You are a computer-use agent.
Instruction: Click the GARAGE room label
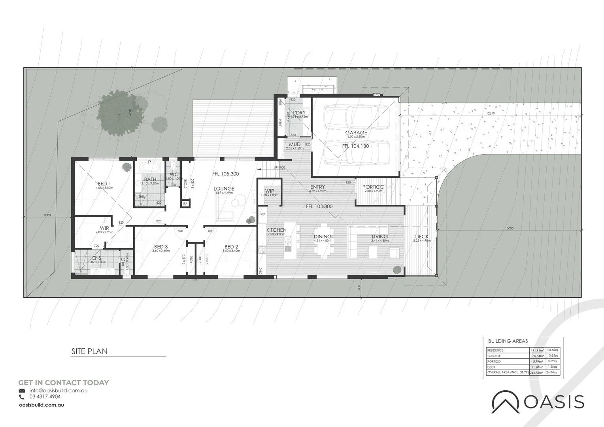click(356, 133)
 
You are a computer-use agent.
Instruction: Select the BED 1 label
click(104, 183)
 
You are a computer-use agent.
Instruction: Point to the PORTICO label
click(373, 187)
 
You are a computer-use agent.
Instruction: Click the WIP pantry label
click(270, 191)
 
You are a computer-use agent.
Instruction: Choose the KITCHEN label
click(276, 230)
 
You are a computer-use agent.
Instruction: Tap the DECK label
click(422, 237)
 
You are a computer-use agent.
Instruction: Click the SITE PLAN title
click(89, 351)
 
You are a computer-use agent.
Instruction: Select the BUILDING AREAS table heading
click(508, 341)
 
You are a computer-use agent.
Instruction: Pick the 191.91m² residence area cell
click(537, 350)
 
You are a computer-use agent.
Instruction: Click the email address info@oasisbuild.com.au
click(58, 390)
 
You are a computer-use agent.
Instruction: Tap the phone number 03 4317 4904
click(45, 397)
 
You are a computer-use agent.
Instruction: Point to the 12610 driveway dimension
click(491, 113)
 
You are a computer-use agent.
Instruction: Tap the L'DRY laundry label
click(298, 113)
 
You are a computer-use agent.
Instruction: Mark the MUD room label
click(294, 144)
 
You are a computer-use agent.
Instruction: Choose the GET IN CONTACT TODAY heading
click(63, 383)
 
